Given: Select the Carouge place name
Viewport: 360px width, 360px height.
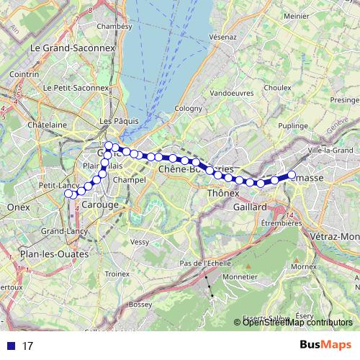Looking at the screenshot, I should (x=104, y=205).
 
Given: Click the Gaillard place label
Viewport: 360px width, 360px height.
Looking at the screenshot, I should (x=249, y=207).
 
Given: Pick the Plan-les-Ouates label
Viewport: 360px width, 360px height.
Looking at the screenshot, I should (x=55, y=254).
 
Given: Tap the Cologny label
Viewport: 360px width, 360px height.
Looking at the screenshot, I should (x=188, y=109).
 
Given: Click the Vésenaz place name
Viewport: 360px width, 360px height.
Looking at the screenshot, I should (x=222, y=36).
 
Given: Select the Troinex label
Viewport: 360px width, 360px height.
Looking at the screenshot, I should (x=117, y=274).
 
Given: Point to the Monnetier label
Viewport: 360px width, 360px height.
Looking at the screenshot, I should (x=240, y=276).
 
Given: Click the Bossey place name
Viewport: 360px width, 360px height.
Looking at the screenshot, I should (x=139, y=305).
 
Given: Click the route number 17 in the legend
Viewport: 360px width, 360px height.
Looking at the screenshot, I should (x=28, y=346).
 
